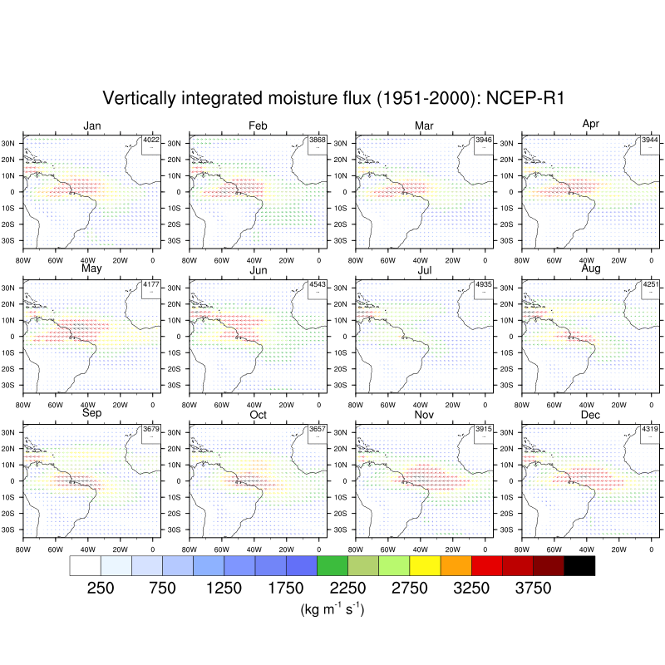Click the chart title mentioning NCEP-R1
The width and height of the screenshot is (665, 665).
click(x=332, y=98)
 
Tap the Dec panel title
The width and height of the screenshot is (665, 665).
click(x=590, y=415)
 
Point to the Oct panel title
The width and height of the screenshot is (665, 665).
click(x=258, y=415)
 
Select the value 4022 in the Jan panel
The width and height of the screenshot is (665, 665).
click(x=151, y=140)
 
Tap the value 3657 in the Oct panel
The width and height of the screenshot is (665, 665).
click(x=318, y=430)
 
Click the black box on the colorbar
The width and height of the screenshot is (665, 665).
click(x=579, y=566)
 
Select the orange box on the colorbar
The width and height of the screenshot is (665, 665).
click(x=456, y=566)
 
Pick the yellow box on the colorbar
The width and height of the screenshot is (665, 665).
click(x=425, y=566)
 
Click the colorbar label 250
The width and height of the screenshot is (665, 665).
click(x=101, y=589)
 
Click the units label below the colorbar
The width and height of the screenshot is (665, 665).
click(x=332, y=610)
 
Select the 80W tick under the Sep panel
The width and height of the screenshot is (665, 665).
click(x=23, y=548)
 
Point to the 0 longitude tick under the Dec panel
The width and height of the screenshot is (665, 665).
click(x=651, y=548)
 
